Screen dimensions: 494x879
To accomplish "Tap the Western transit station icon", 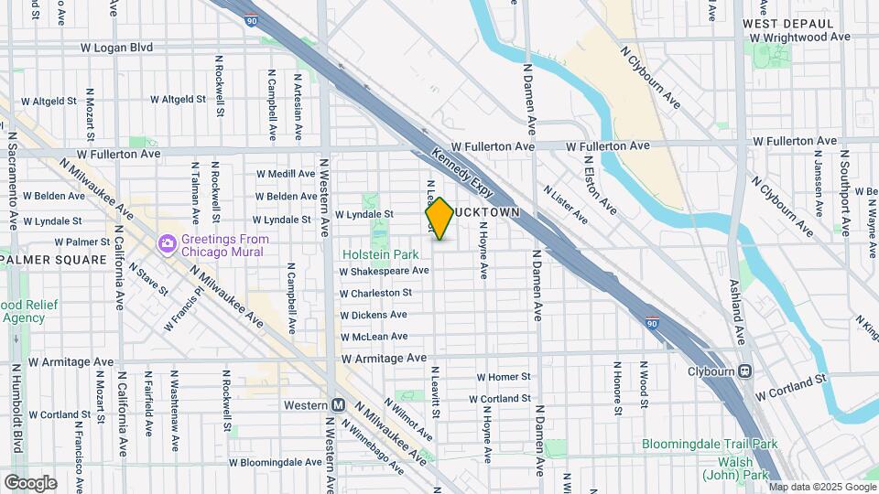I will (338, 405).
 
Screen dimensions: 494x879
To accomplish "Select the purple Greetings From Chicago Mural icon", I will (168, 244).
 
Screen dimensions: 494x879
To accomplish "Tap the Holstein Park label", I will (380, 254).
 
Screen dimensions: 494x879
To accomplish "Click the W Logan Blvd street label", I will (115, 47).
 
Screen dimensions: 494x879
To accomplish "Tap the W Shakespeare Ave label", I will (384, 271).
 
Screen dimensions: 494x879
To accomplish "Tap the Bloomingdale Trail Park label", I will (709, 445).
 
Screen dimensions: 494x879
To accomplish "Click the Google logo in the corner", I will (29, 482).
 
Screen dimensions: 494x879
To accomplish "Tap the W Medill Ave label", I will (285, 174).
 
